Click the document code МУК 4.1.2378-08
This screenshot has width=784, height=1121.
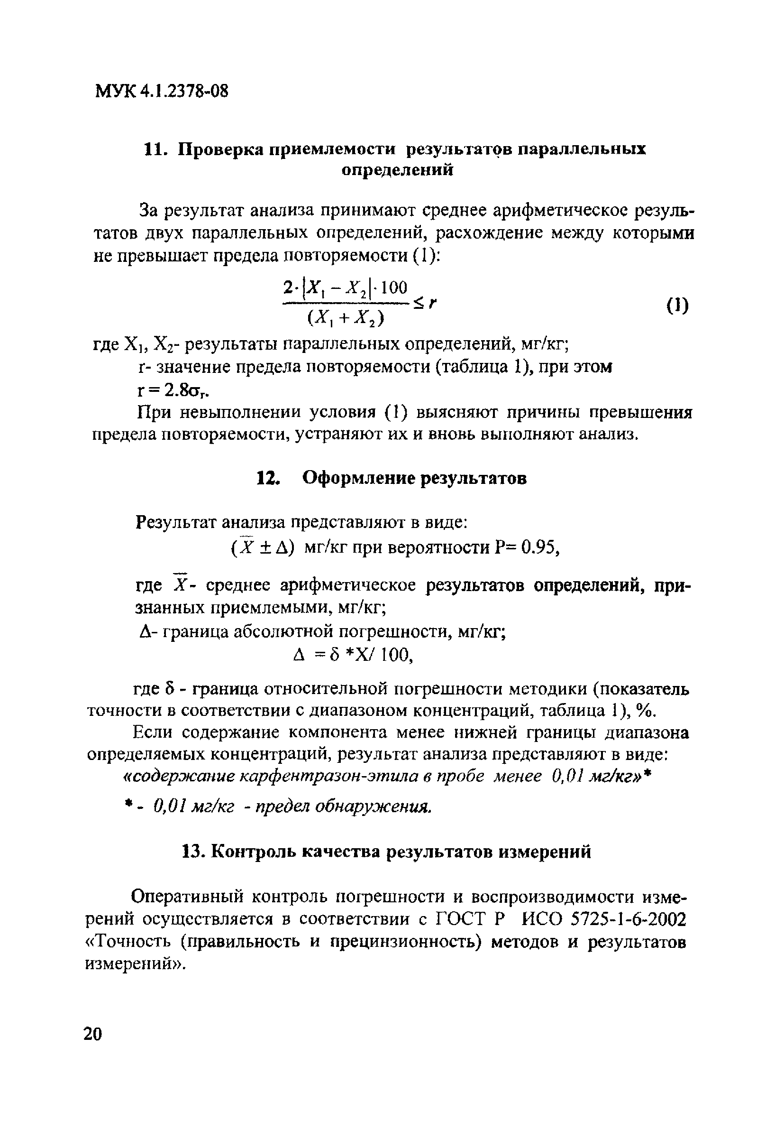[x=161, y=91]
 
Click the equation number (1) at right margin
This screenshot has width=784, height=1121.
[x=677, y=306]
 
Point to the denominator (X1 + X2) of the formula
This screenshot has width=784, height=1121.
[x=346, y=319]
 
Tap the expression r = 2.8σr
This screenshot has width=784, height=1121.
[x=176, y=390]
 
